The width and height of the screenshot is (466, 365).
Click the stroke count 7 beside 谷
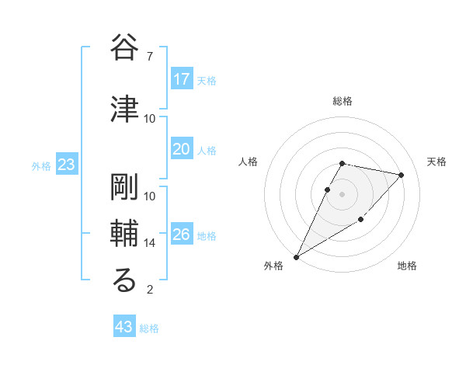tap(150, 57)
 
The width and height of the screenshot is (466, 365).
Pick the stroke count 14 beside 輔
tap(150, 243)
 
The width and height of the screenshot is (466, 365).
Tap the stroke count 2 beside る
tap(150, 290)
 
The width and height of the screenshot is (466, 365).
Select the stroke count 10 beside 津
tap(150, 119)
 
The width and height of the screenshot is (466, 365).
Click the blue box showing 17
tap(182, 79)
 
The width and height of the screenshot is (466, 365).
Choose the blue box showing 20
tap(182, 149)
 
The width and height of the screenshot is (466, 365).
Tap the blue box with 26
tap(182, 235)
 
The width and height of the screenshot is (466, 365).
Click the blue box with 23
tap(67, 165)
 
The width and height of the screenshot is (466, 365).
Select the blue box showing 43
tap(124, 327)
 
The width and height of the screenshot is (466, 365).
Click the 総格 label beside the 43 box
tap(149, 328)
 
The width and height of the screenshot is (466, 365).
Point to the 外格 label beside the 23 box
tap(41, 166)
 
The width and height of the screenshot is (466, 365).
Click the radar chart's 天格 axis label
tap(437, 162)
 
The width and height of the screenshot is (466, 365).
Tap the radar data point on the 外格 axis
tap(296, 256)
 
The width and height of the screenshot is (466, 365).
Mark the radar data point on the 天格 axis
tap(402, 175)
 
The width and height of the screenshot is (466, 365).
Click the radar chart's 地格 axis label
tap(407, 266)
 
